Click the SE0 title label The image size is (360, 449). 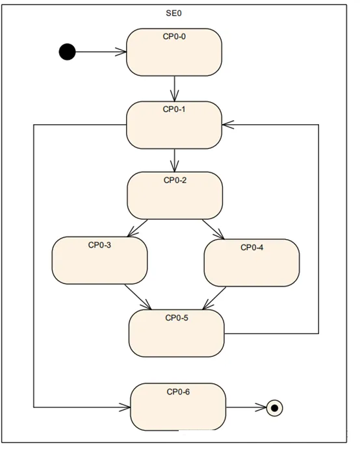pyautogui.click(x=174, y=13)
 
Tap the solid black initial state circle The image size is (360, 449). pyautogui.click(x=68, y=52)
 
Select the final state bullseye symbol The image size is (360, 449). pyautogui.click(x=274, y=408)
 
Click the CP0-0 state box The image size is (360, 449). pyautogui.click(x=174, y=52)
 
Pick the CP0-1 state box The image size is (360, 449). pyautogui.click(x=174, y=125)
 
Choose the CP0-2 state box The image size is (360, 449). pyautogui.click(x=175, y=196)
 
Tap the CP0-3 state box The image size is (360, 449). pyautogui.click(x=99, y=261)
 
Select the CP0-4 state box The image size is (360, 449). pyautogui.click(x=251, y=263)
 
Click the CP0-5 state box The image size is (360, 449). pyautogui.click(x=176, y=333)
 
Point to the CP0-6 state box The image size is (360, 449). pyautogui.click(x=178, y=407)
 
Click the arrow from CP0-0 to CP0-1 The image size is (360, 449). pyautogui.click(x=174, y=88)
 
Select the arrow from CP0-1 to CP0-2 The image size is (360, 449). pyautogui.click(x=174, y=160)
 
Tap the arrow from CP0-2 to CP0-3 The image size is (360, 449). pyautogui.click(x=138, y=228)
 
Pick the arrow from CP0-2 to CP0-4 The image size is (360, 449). pyautogui.click(x=213, y=229)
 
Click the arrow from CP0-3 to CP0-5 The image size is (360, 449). pyautogui.click(x=138, y=297)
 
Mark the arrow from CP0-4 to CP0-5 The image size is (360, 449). pyautogui.click(x=214, y=298)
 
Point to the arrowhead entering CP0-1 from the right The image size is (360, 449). pyautogui.click(x=227, y=125)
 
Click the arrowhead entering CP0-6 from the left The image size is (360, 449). pyautogui.click(x=125, y=407)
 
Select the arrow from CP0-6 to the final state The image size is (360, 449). pyautogui.click(x=246, y=407)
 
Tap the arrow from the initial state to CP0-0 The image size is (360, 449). pyautogui.click(x=101, y=52)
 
